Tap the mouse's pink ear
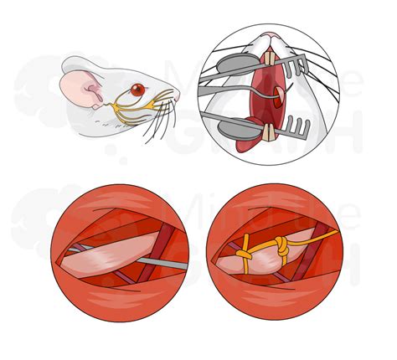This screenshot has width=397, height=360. pyautogui.click(x=75, y=86)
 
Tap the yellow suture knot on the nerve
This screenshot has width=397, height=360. pyautogui.click(x=280, y=248)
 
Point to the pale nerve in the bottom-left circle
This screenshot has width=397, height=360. pyautogui.click(x=109, y=260)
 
